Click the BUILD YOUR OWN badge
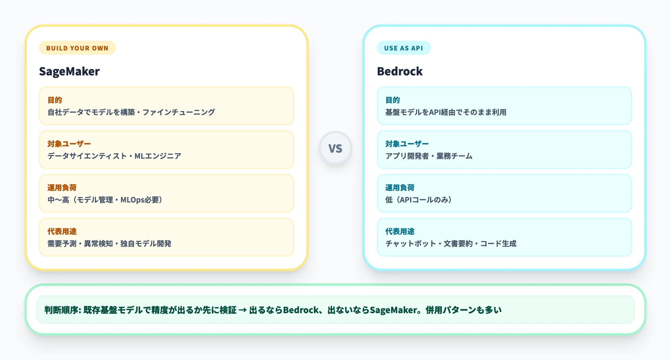coord(77,48)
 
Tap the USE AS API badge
coord(403,48)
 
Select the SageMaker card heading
coord(69,71)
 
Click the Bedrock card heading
coord(400,71)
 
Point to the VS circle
coord(335,148)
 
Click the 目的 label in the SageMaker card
coord(55,100)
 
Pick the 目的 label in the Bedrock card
coord(393,100)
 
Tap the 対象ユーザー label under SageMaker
coord(69,144)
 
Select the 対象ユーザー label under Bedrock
coord(407,144)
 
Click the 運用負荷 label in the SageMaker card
coord(62,188)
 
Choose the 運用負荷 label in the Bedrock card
coord(400,188)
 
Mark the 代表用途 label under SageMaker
coord(62,231)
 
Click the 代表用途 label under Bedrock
coord(400,231)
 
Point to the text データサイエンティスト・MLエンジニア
coord(114,156)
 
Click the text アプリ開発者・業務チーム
coord(429,156)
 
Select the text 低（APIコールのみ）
coord(418,200)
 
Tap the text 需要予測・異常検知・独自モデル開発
coord(109,244)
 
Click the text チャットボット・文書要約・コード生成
coord(451,244)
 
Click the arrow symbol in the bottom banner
coord(243,310)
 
